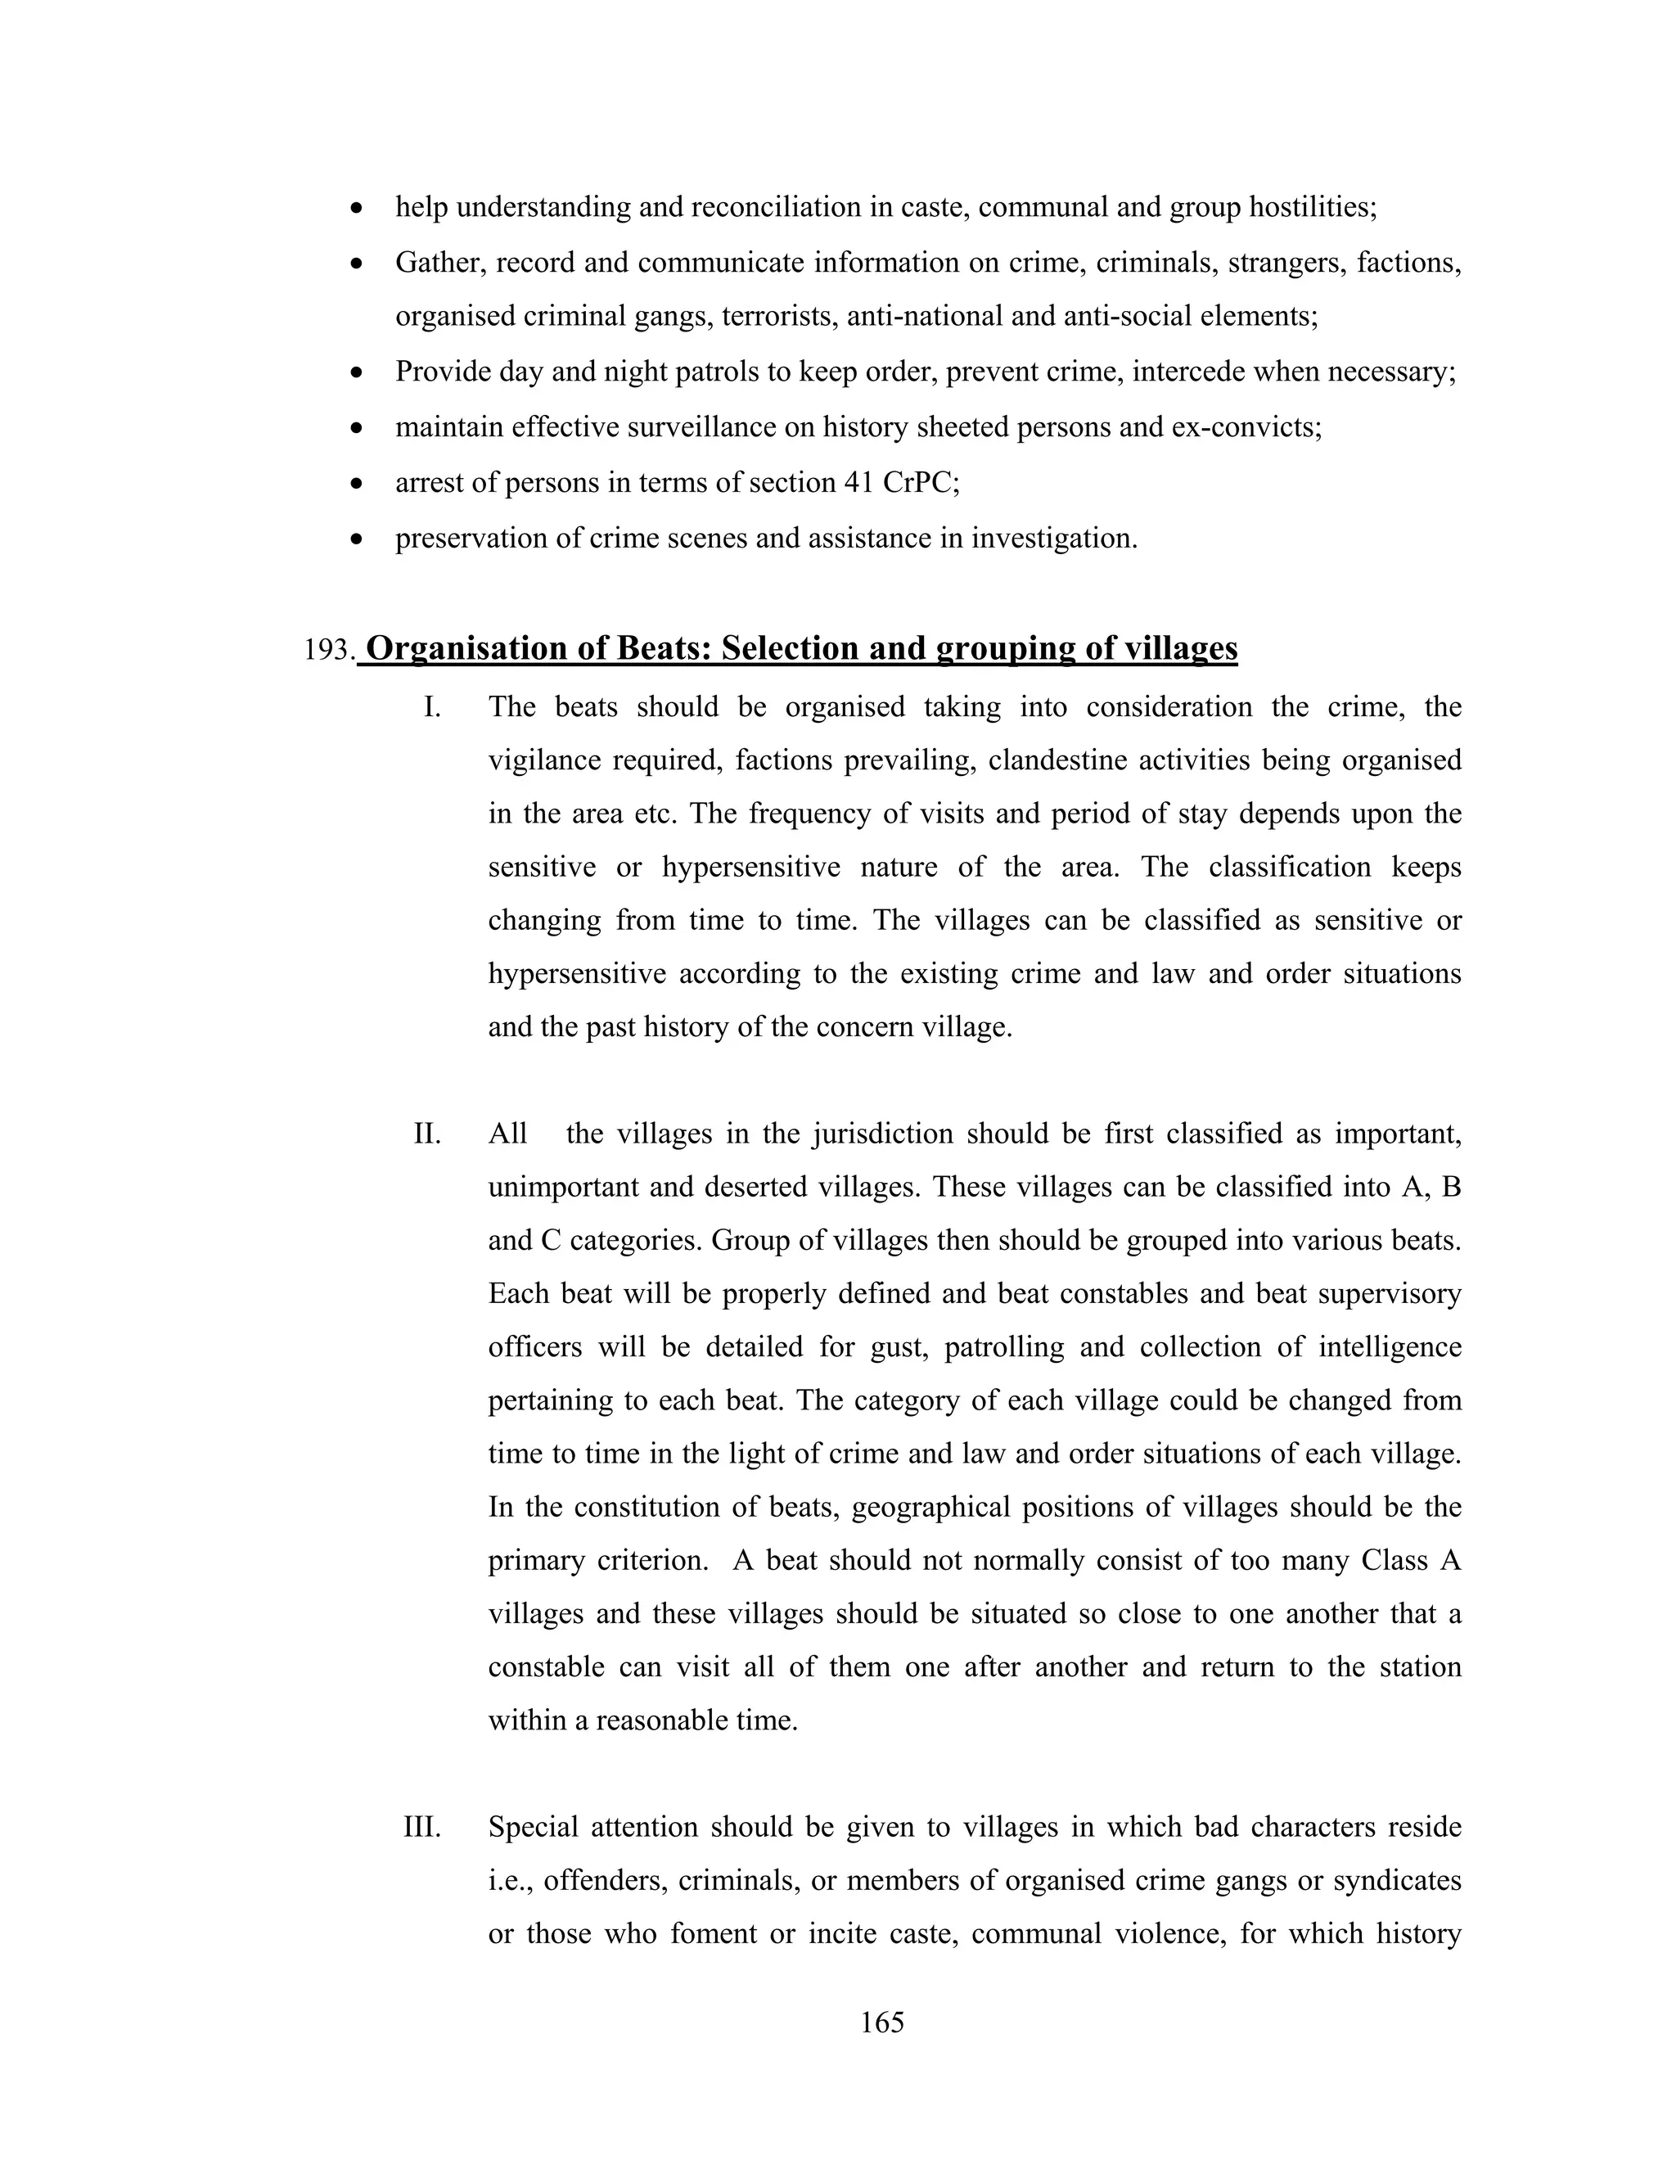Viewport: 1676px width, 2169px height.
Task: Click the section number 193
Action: point(329,651)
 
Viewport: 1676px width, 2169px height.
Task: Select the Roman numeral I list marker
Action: point(432,707)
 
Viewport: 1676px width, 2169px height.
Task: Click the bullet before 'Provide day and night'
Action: point(358,373)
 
